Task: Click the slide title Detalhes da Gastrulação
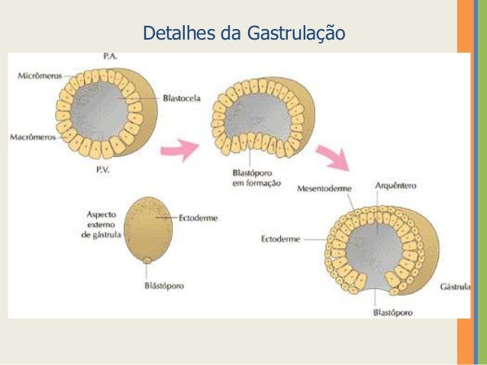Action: (244, 34)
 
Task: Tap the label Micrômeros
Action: (41, 75)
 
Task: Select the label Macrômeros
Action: (31, 138)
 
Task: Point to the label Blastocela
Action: (182, 98)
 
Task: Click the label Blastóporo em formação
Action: (255, 178)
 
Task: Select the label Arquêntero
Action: (395, 185)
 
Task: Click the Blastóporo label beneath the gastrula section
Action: (392, 312)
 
